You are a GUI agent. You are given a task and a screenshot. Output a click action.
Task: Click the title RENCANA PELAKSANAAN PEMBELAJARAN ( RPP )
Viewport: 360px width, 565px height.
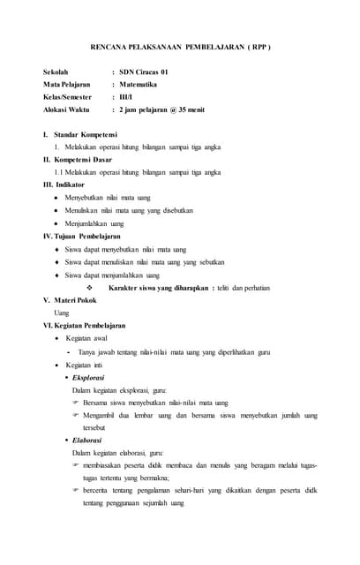[180, 46]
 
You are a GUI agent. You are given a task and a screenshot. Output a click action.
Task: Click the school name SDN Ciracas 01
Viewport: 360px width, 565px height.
[151, 71]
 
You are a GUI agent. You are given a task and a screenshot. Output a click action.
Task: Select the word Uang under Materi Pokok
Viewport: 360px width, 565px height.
[62, 313]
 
